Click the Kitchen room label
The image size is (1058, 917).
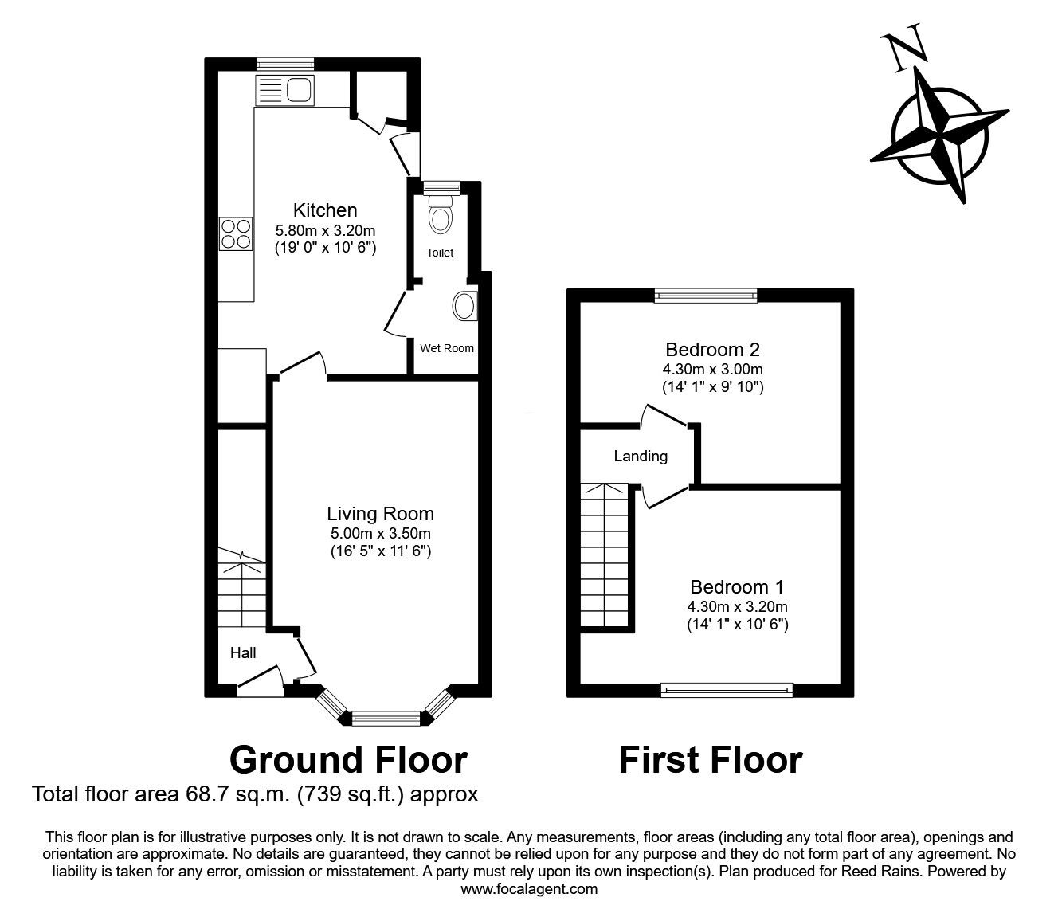click(x=325, y=210)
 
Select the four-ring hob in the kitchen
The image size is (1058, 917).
click(x=235, y=233)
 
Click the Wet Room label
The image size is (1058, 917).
click(x=447, y=348)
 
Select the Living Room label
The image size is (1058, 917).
click(x=380, y=514)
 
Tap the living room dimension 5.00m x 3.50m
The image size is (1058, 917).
click(x=380, y=533)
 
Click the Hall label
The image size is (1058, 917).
click(x=243, y=653)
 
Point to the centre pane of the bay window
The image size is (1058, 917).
click(x=386, y=719)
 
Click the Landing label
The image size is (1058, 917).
click(x=641, y=457)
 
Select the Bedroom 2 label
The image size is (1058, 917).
click(x=712, y=349)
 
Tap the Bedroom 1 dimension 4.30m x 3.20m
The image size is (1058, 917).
click(x=737, y=606)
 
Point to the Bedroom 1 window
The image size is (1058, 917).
click(x=727, y=690)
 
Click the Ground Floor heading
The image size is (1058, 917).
click(x=348, y=760)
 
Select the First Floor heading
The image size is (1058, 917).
click(x=710, y=760)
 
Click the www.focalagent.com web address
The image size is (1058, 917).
click(x=529, y=889)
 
